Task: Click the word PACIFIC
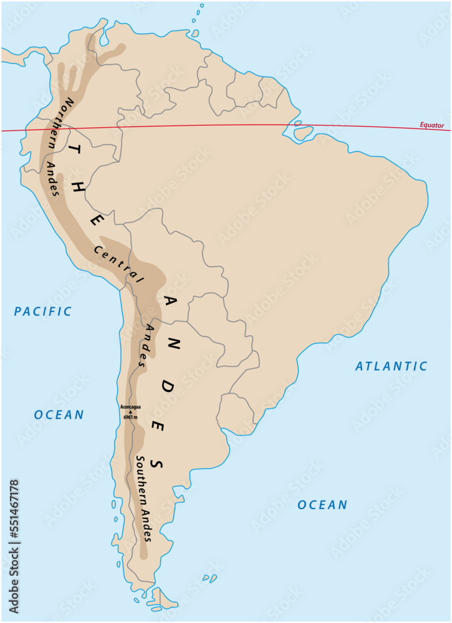coord(44,311)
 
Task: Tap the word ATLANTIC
coord(392,366)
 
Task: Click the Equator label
coord(431,125)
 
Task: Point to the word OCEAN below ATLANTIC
coord(322,505)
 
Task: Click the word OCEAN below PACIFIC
coord(59,415)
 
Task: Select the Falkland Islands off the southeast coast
coord(211,579)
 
